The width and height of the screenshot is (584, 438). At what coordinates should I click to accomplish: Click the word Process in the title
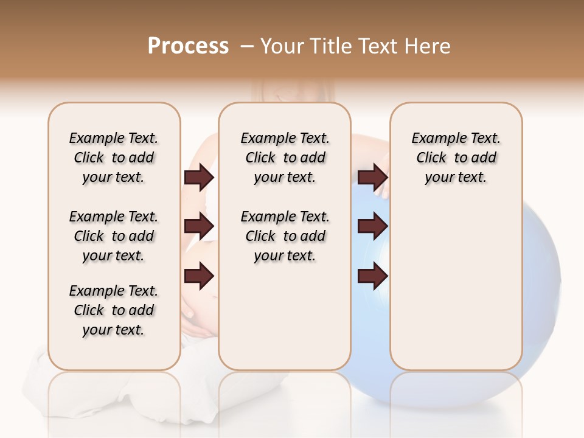pyautogui.click(x=188, y=46)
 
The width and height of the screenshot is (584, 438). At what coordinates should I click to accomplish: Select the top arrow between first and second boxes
pyautogui.click(x=199, y=177)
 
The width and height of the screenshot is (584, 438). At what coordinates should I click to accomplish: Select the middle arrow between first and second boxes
pyautogui.click(x=199, y=226)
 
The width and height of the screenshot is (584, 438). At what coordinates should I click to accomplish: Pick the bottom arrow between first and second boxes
pyautogui.click(x=199, y=276)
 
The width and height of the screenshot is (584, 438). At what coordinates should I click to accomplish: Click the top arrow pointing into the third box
pyautogui.click(x=373, y=177)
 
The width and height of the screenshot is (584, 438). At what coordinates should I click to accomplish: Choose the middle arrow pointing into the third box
pyautogui.click(x=373, y=226)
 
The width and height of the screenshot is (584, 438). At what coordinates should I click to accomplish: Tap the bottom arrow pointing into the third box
pyautogui.click(x=373, y=276)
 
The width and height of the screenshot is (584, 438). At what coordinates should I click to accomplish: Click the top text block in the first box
pyautogui.click(x=114, y=158)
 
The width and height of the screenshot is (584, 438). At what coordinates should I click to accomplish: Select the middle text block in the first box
pyautogui.click(x=114, y=236)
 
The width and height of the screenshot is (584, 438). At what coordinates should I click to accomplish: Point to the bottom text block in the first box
pyautogui.click(x=114, y=310)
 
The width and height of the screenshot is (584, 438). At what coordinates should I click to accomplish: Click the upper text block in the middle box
pyautogui.click(x=285, y=158)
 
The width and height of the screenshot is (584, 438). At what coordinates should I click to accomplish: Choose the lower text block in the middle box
pyautogui.click(x=285, y=236)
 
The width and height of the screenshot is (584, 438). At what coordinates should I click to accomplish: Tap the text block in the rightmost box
pyautogui.click(x=456, y=158)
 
